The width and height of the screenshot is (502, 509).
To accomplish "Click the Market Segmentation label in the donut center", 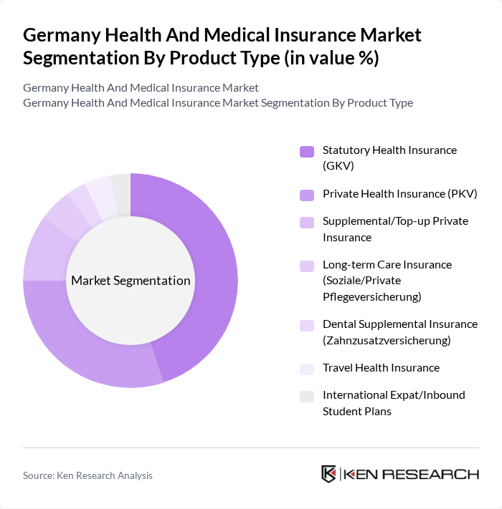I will click(131, 281).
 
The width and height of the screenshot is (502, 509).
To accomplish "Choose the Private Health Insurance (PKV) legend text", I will click(399, 193).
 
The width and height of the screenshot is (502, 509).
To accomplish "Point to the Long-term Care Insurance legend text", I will click(387, 265).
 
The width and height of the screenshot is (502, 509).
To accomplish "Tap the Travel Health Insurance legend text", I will click(381, 367).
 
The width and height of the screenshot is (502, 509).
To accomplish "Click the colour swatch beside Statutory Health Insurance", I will click(306, 151).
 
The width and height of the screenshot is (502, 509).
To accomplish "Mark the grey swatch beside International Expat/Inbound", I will click(306, 396).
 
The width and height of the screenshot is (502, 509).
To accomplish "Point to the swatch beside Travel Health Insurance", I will click(306, 368).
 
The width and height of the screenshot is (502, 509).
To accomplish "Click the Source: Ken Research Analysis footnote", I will click(87, 475).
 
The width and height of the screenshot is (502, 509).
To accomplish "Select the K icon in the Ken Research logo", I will click(329, 474).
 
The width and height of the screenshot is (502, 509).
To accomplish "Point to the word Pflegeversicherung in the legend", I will click(371, 296).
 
